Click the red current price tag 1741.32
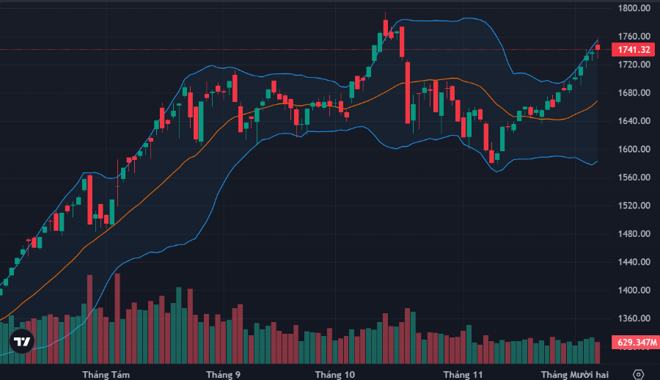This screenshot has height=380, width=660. pos(634,50)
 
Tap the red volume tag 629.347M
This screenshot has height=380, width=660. pos(634,342)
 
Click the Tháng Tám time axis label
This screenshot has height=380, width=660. pos(106,375)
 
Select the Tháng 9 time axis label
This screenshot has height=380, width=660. pos(224,375)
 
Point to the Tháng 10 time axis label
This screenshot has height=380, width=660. pos(335,375)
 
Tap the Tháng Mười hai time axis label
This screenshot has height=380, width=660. pos(575,375)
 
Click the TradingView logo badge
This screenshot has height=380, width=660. pos(22,341)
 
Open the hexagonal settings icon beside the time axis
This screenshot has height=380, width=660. pos(639,374)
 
